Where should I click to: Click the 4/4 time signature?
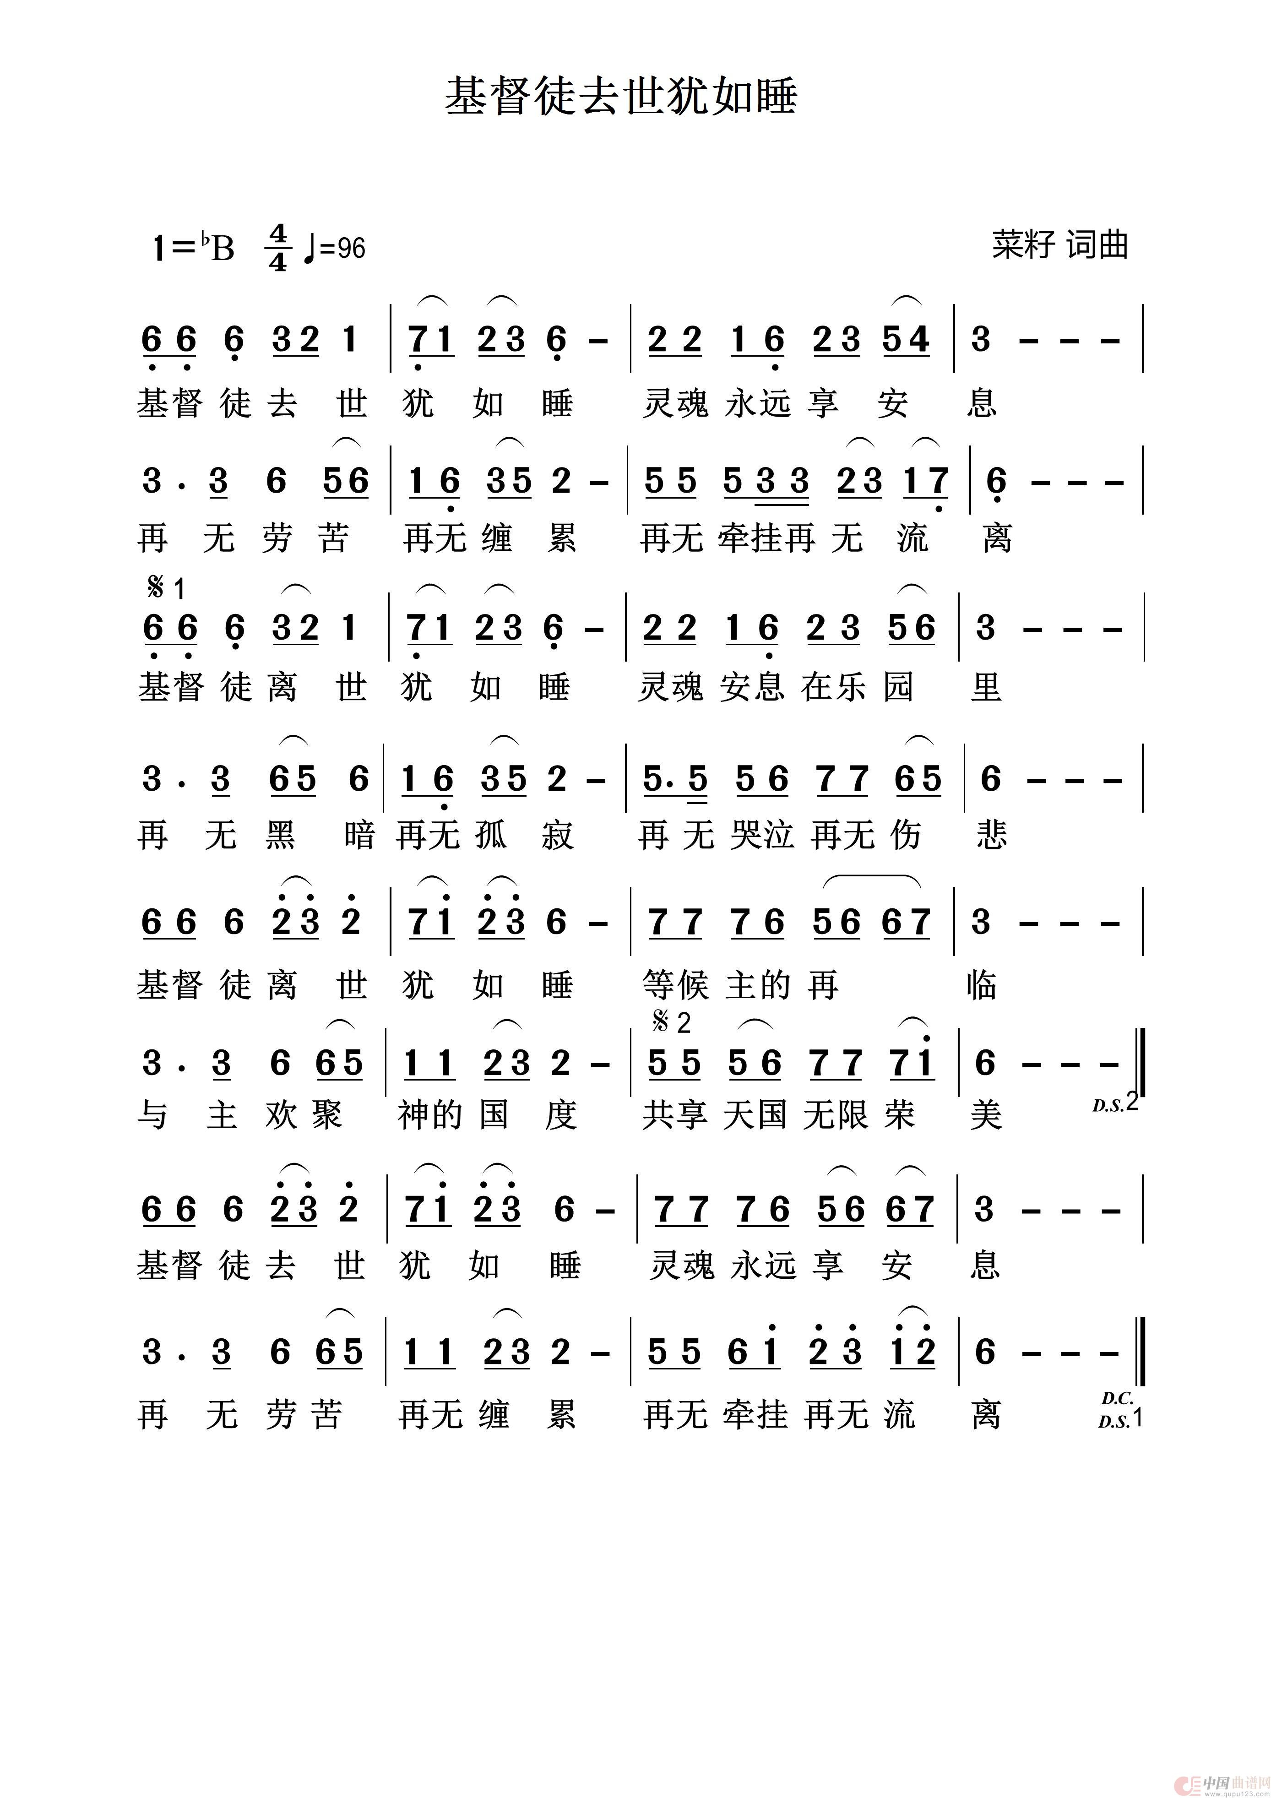pyautogui.click(x=278, y=247)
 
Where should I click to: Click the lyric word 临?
pyautogui.click(x=982, y=985)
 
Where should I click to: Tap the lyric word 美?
pyautogui.click(x=986, y=1114)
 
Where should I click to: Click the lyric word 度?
pyautogui.click(x=561, y=1114)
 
